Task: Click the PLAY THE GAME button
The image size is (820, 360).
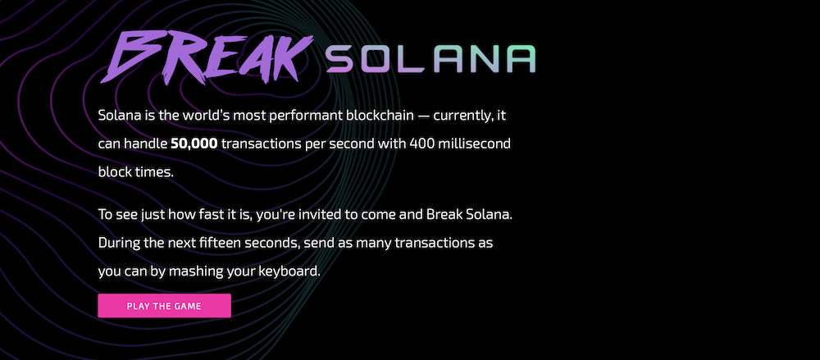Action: [x=164, y=306]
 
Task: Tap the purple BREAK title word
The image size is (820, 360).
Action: [x=207, y=57]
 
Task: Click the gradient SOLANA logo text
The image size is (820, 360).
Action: [x=431, y=59]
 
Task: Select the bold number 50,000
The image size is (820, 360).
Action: [x=194, y=144]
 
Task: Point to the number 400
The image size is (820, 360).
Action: [x=421, y=144]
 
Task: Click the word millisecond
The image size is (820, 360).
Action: [x=474, y=143]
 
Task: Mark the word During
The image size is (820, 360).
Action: [x=116, y=244]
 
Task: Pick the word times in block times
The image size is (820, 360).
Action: [x=154, y=171]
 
